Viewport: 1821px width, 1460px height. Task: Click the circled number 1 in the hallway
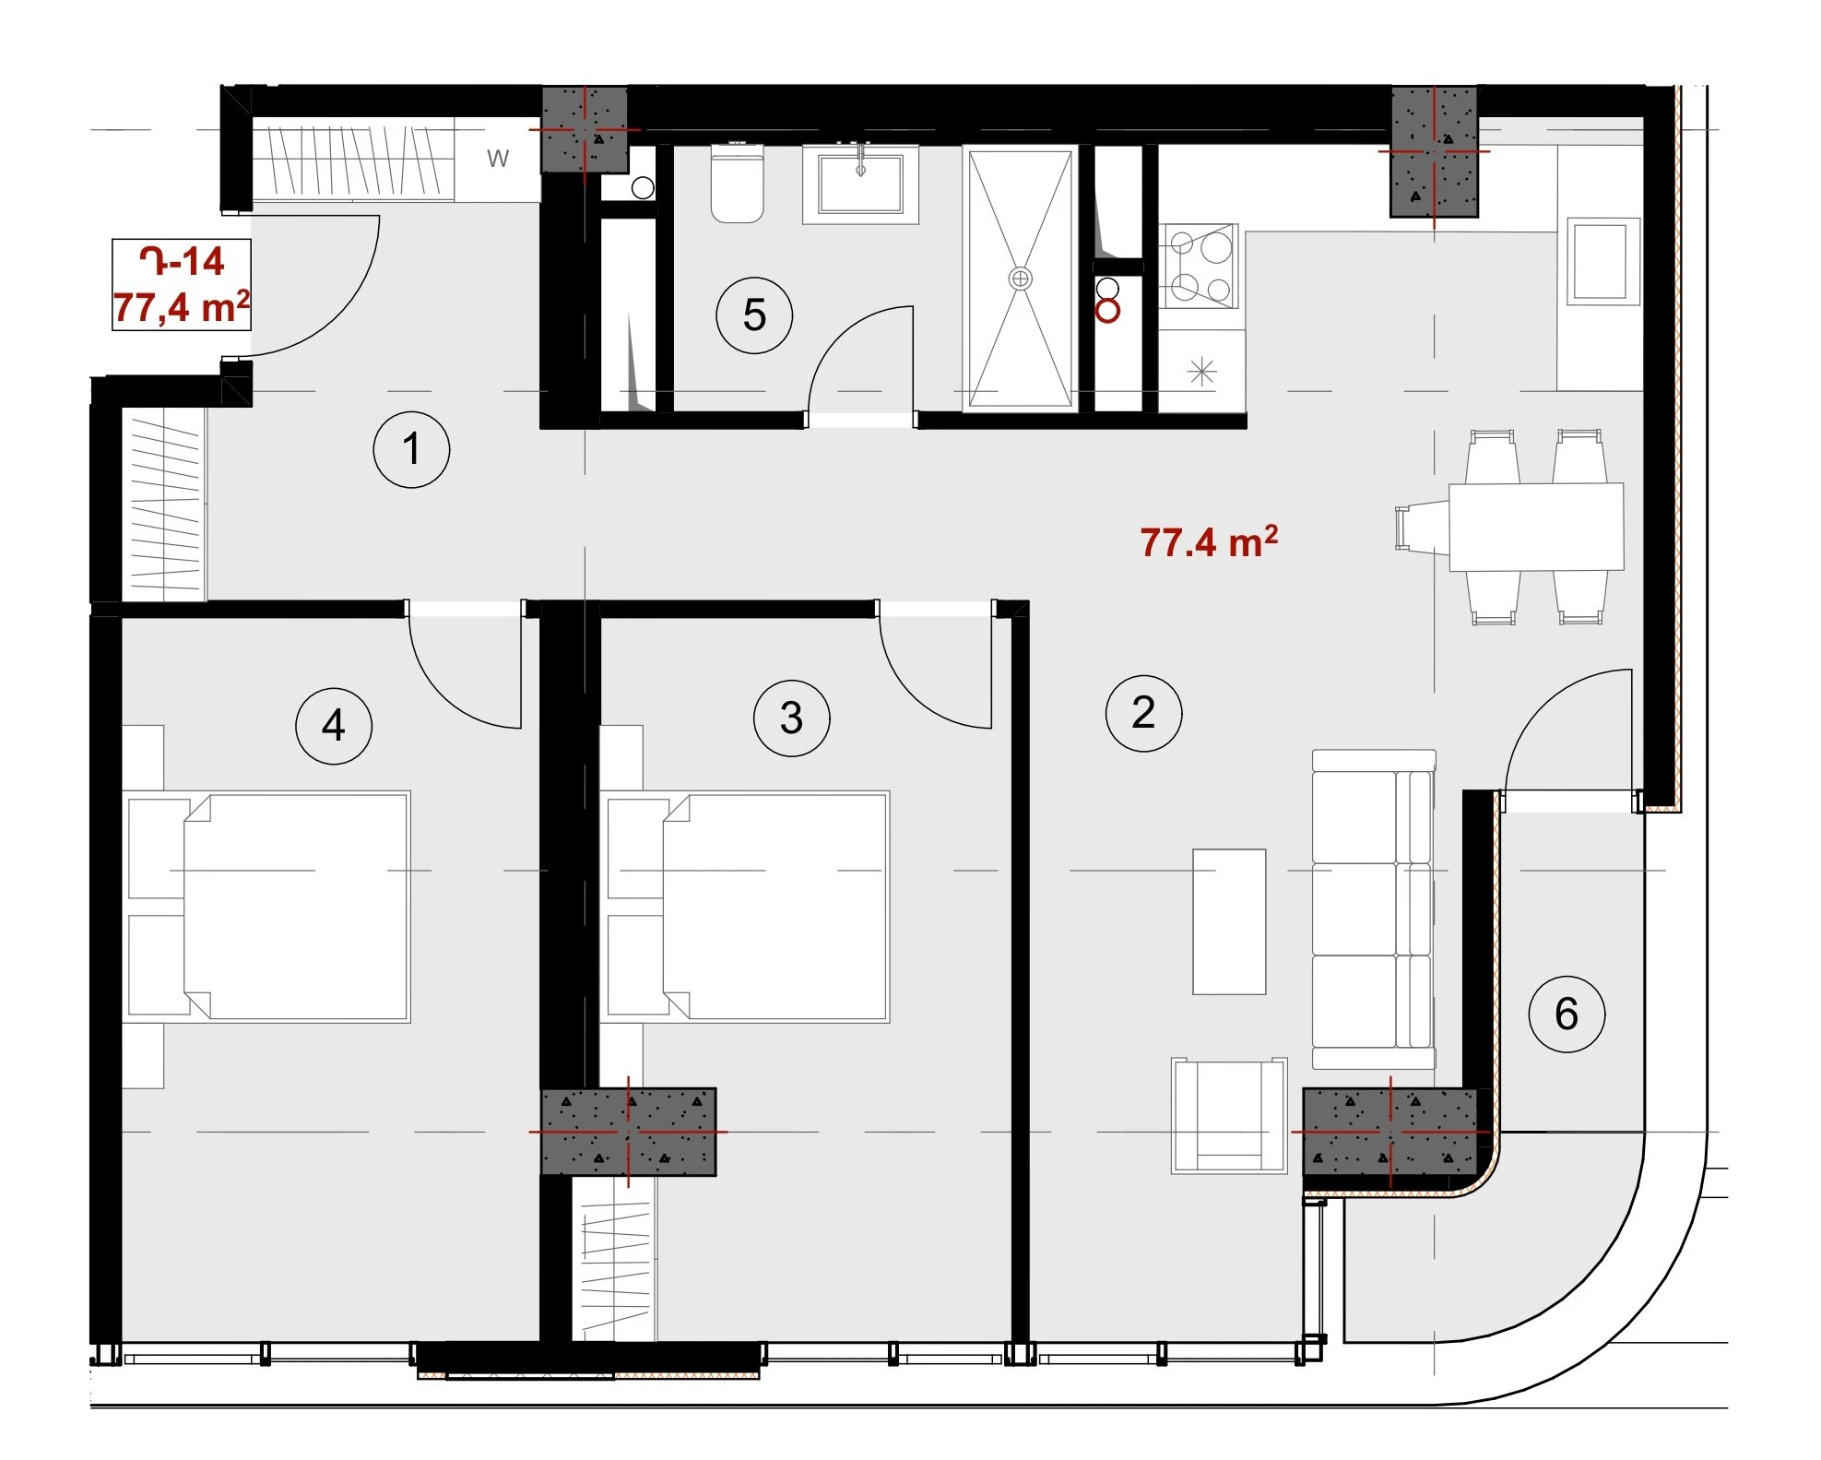click(x=411, y=449)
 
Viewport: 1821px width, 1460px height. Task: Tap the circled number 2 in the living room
click(x=1143, y=713)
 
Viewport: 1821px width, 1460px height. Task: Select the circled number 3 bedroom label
click(x=791, y=718)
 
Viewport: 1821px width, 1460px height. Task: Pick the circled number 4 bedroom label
click(x=334, y=726)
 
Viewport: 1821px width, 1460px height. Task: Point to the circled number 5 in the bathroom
click(x=754, y=315)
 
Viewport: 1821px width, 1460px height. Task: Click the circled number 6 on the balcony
click(x=1567, y=1014)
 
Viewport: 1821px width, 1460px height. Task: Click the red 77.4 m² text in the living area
click(x=1209, y=542)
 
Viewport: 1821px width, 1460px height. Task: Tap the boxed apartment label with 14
click(x=182, y=284)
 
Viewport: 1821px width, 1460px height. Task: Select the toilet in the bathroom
click(x=737, y=186)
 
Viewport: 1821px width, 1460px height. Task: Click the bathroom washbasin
click(x=860, y=184)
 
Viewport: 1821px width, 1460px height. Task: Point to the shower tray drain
click(x=1021, y=278)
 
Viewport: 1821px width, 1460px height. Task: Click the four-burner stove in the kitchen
click(x=1199, y=266)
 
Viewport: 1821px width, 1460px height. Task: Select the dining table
click(x=1536, y=527)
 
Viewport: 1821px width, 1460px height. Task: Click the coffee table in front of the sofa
click(x=1229, y=921)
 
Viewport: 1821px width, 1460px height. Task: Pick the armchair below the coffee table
click(x=1229, y=1115)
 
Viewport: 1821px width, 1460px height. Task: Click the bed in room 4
click(x=267, y=907)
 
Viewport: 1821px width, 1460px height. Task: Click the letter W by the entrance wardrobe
click(x=498, y=159)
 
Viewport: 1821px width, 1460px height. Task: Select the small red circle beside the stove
click(x=1107, y=310)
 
